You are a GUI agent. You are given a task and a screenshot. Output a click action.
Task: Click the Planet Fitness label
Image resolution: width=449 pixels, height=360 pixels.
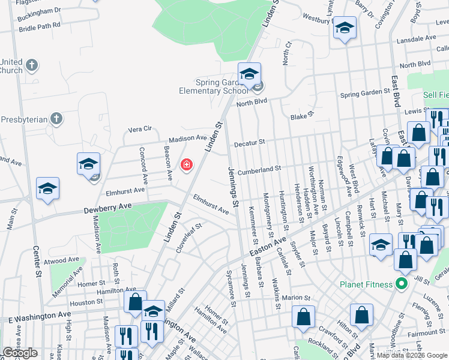point(364,284)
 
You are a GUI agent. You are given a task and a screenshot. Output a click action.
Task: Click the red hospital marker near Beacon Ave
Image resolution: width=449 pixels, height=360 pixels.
point(186,164)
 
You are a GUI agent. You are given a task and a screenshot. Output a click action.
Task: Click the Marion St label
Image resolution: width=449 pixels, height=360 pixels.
point(296,298)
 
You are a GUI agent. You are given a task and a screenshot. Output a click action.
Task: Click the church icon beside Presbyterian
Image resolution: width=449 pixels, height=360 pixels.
point(56,119)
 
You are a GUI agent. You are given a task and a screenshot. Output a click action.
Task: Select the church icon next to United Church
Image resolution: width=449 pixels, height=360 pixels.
point(32,64)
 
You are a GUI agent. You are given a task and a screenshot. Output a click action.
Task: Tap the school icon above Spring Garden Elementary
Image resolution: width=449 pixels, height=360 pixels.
point(249,74)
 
